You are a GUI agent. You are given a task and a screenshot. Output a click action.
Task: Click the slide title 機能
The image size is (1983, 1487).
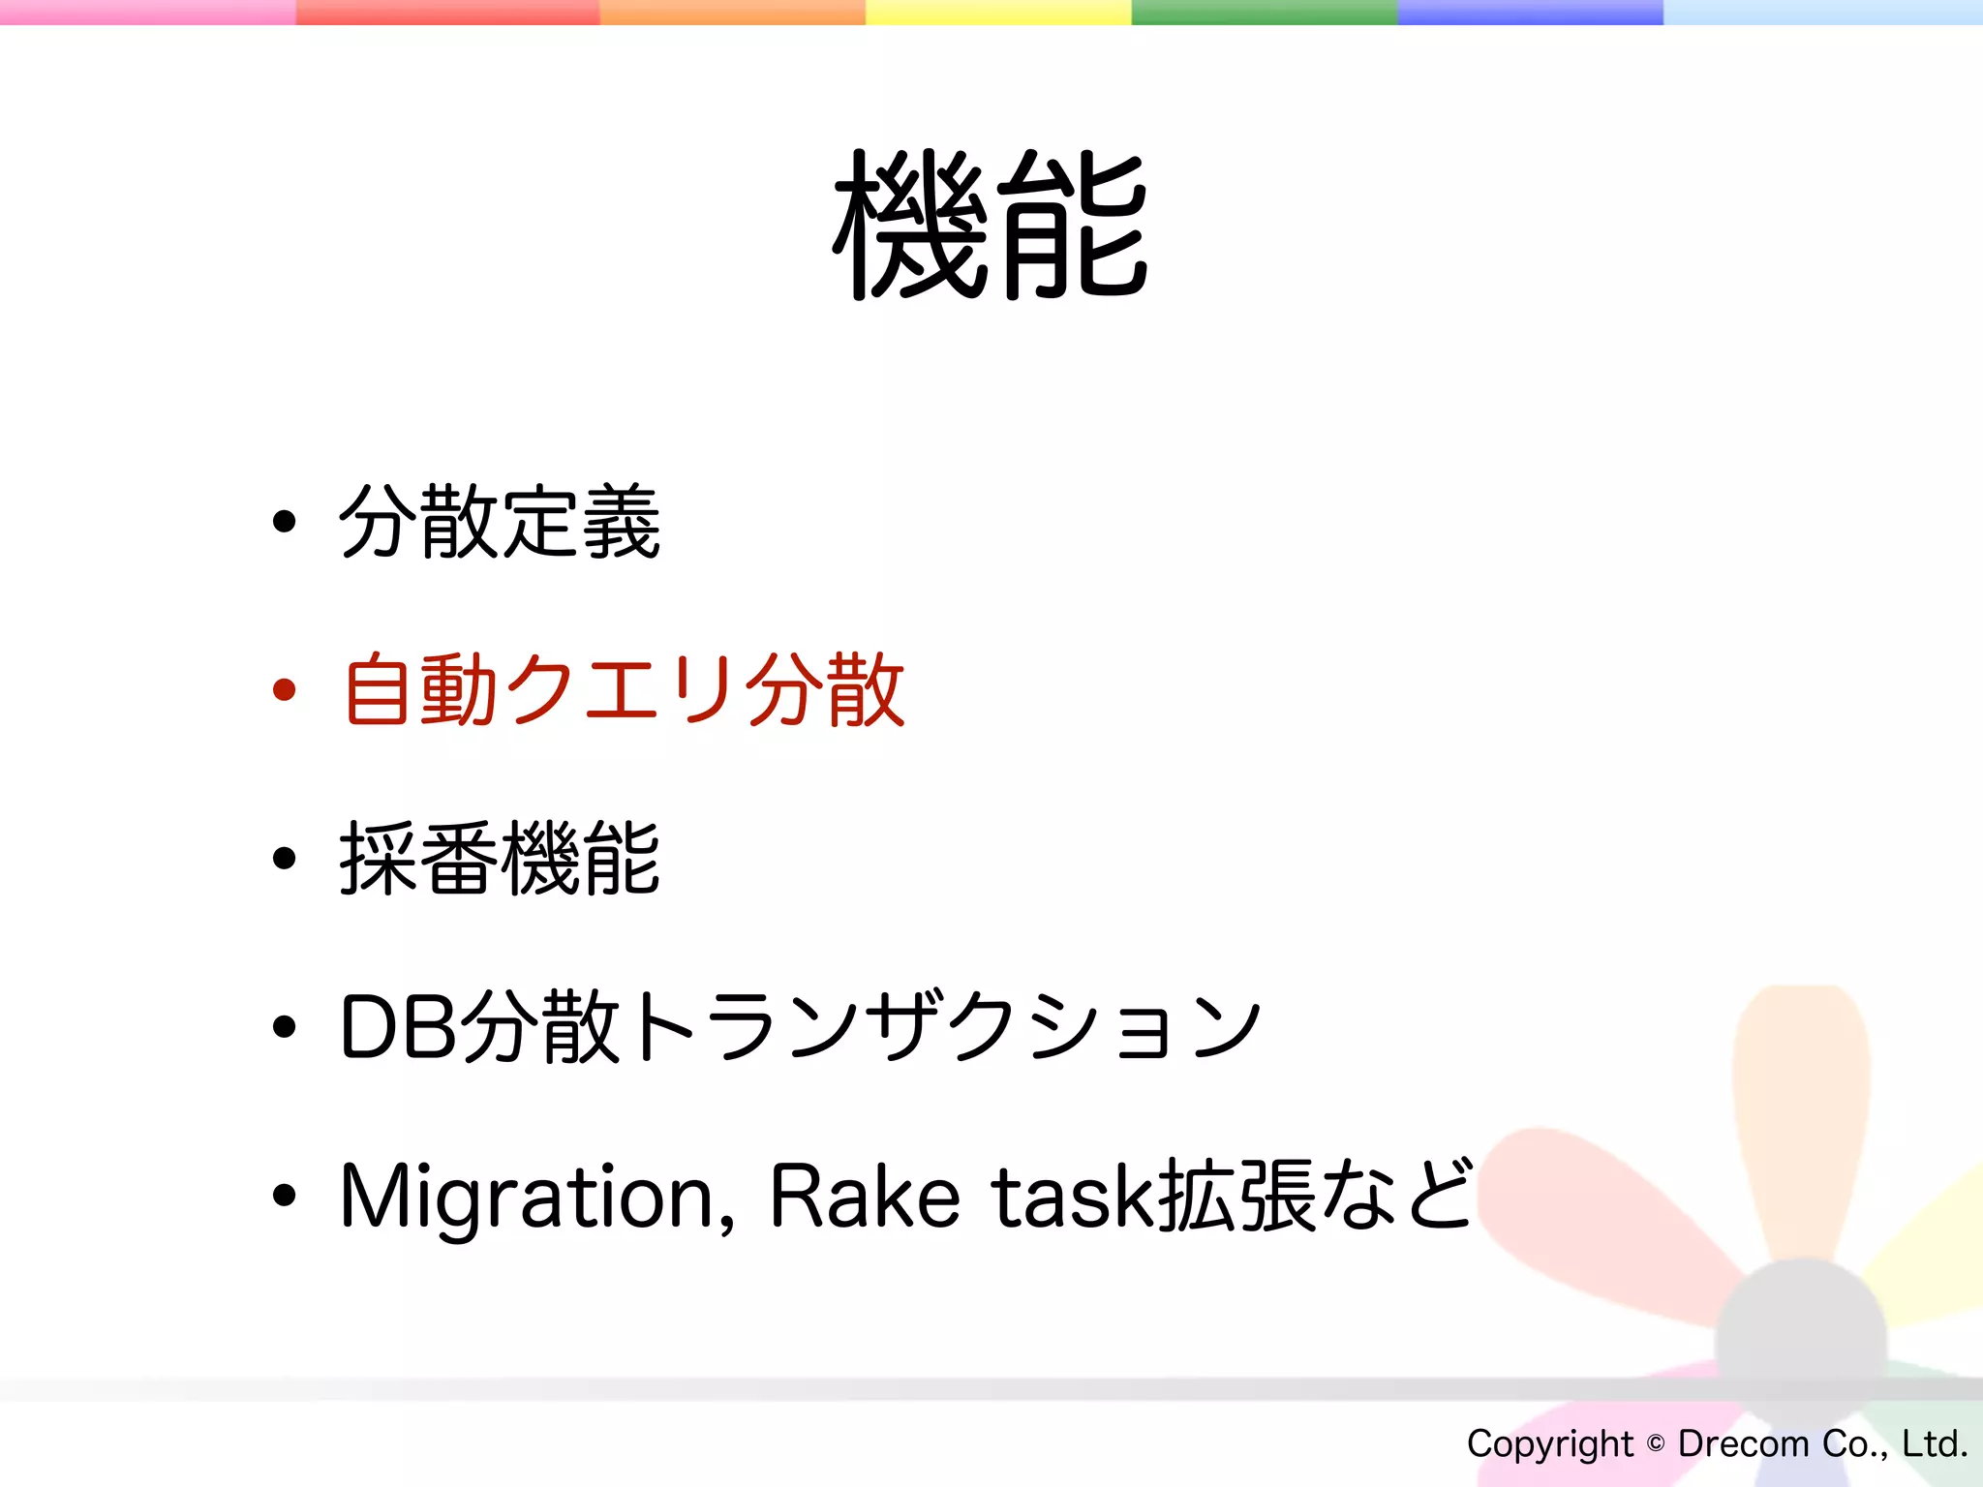pyautogui.click(x=991, y=226)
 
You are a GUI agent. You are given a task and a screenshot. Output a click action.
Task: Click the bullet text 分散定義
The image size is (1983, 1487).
pyautogui.click(x=500, y=523)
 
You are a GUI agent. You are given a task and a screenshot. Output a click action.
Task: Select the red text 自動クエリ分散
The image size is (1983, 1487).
pyautogui.click(x=624, y=690)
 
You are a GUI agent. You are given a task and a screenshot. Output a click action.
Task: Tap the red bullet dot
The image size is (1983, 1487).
pyautogui.click(x=284, y=690)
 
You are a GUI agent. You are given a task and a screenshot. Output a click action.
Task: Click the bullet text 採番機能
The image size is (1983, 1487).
pyautogui.click(x=500, y=858)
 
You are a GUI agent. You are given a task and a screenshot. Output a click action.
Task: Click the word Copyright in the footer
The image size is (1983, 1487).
pyautogui.click(x=1549, y=1443)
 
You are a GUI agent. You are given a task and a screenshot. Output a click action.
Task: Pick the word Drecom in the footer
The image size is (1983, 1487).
pyautogui.click(x=1743, y=1443)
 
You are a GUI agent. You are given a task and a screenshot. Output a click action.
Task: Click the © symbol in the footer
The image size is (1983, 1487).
pyautogui.click(x=1656, y=1443)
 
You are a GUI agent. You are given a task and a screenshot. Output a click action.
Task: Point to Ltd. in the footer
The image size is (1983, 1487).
pyautogui.click(x=1934, y=1443)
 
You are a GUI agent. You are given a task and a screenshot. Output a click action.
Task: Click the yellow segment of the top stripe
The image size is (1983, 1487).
pyautogui.click(x=997, y=12)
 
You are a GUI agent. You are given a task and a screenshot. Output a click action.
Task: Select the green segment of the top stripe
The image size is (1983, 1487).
pyautogui.click(x=1264, y=12)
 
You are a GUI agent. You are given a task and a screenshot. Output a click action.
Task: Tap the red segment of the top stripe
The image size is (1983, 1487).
pyautogui.click(x=447, y=12)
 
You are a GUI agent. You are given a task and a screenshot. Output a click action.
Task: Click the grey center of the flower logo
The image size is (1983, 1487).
pyautogui.click(x=1801, y=1341)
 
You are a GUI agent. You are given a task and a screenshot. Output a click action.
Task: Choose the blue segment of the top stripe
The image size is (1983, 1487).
pyautogui.click(x=1530, y=12)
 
